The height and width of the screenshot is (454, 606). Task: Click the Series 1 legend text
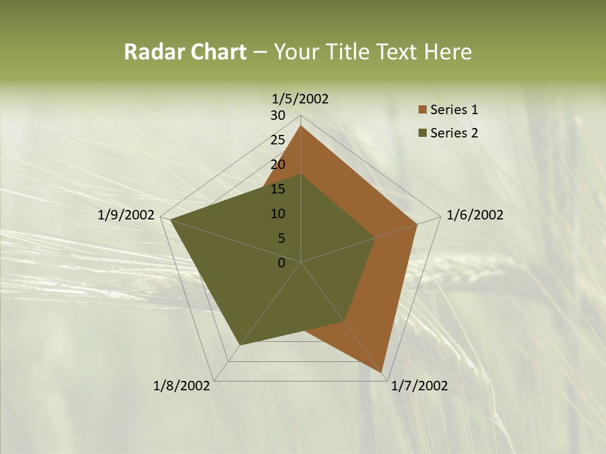[x=454, y=110]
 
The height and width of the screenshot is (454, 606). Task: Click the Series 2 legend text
[x=454, y=133]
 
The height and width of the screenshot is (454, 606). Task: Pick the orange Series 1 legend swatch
[x=422, y=110]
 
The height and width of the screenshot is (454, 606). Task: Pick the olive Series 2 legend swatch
[x=422, y=133]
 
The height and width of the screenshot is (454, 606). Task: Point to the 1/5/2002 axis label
[x=300, y=99]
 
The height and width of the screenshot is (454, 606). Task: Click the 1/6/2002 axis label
[x=475, y=215]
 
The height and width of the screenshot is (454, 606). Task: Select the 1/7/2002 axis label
[x=419, y=386]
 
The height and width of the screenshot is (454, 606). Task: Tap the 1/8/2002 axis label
[x=182, y=386]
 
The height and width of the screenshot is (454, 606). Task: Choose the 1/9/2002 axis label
[x=126, y=215]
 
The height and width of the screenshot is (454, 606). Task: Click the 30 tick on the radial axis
[x=278, y=115]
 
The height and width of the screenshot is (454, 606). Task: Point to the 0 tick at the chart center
[x=282, y=263]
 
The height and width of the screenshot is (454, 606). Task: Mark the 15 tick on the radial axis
[x=278, y=189]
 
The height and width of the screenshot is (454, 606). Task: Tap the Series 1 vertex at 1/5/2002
[x=300, y=126]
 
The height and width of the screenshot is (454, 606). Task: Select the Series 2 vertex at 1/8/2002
[x=240, y=346]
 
